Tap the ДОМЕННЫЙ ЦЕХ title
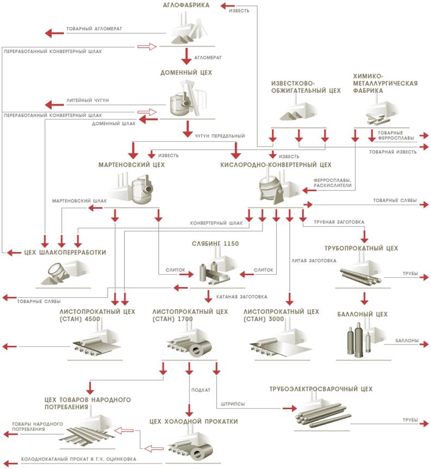coord(186,72)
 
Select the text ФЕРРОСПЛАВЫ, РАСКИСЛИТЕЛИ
coord(332,182)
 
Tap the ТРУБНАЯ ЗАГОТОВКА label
coord(336,222)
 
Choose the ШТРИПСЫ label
coord(233,404)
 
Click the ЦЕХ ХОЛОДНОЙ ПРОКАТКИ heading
coord(193,421)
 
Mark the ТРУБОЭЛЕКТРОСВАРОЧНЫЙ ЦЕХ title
coord(321,389)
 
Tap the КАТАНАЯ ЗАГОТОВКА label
coord(242,296)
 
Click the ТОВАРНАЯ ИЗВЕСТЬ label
coord(392,152)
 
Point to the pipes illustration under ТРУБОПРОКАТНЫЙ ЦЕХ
coord(361,276)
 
